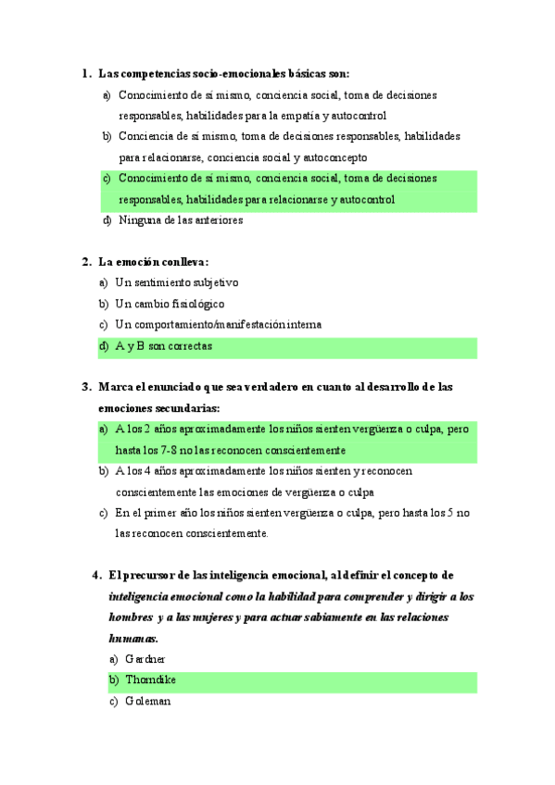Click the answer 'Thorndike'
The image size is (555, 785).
pos(151,680)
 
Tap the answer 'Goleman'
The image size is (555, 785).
pos(146,702)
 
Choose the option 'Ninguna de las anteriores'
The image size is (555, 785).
pos(181,220)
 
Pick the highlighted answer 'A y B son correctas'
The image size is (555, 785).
pos(163,346)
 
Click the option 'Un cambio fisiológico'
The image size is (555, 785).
pos(170,304)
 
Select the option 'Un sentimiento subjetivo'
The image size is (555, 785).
pos(176,282)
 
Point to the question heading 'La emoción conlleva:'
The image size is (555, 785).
pos(153,262)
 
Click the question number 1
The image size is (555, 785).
pos(84,73)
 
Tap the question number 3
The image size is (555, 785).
pos(84,387)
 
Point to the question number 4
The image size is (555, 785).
pos(96,575)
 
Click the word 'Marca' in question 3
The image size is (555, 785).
pos(115,387)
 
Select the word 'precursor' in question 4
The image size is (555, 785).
pos(147,575)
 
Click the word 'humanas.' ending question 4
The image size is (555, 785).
pos(133,638)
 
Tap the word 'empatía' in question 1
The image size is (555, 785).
pos(298,116)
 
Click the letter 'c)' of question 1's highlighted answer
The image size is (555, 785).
pos(107,179)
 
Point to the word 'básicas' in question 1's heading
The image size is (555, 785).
pos(298,73)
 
